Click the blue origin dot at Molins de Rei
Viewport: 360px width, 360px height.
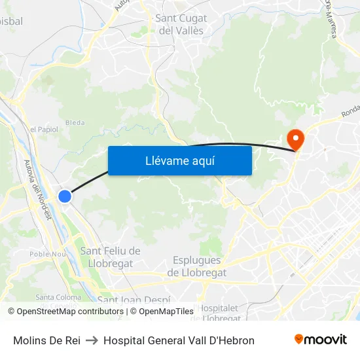(x=65, y=196)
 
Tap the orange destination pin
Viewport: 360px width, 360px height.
(x=295, y=139)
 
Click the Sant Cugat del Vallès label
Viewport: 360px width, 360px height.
(x=180, y=24)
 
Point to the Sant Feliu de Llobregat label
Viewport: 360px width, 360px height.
(x=109, y=257)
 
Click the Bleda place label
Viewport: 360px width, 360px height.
(x=75, y=122)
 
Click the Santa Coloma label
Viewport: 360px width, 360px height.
(x=54, y=297)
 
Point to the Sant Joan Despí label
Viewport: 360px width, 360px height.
(x=134, y=300)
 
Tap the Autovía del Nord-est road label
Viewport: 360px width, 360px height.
(x=37, y=190)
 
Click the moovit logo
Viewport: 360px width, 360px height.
(x=320, y=340)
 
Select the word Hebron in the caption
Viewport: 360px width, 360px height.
(x=237, y=340)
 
